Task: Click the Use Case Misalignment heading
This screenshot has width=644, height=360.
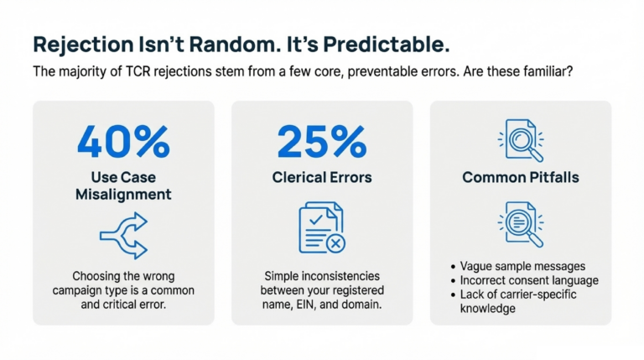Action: click(123, 185)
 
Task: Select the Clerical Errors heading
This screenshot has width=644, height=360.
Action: click(322, 177)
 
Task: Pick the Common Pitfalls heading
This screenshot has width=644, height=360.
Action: click(520, 177)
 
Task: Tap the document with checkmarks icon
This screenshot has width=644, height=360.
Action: click(319, 227)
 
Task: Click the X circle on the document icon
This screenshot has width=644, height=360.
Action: click(335, 243)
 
